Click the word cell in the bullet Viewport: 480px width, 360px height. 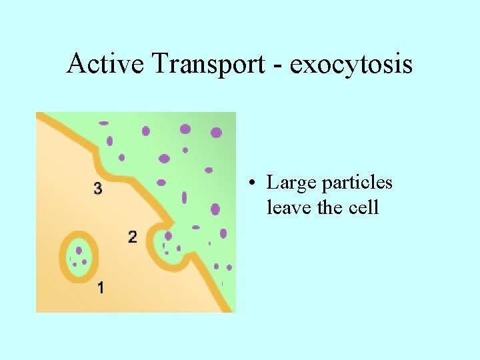coord(364,207)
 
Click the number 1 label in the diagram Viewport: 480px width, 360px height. coord(100,288)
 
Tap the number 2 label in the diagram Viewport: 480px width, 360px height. coord(132,237)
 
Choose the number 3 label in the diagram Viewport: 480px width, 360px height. coord(98,189)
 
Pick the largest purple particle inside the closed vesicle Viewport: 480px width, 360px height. coord(79,251)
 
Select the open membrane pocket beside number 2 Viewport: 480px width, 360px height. coord(170,245)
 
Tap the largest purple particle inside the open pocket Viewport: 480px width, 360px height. coord(169,236)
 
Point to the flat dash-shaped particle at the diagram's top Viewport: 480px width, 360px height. coord(103,123)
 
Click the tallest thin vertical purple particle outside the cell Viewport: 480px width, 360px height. coord(185,198)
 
